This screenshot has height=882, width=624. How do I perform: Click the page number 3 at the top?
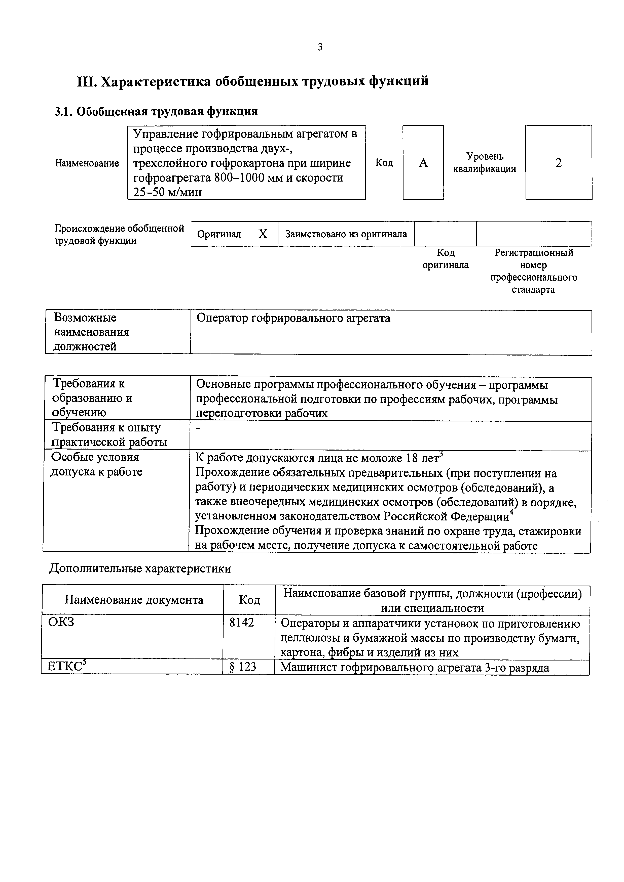point(320,47)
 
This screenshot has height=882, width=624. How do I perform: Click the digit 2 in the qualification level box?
point(558,163)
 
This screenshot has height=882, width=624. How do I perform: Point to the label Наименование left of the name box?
point(87,163)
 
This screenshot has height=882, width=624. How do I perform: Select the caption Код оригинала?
point(446,259)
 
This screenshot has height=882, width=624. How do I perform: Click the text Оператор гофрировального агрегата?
point(293,318)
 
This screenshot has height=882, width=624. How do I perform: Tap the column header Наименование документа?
point(134,600)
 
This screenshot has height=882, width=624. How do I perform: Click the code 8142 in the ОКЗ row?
point(241,623)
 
